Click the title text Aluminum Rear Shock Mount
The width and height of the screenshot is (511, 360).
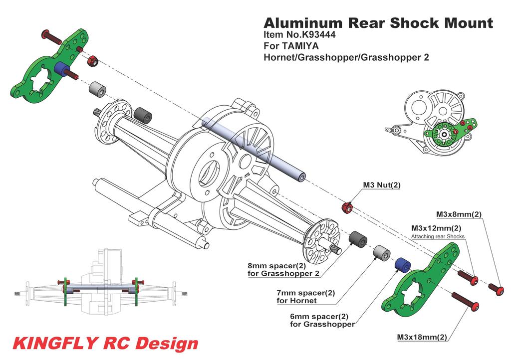[x=378, y=23]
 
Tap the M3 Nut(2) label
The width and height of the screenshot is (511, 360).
[x=382, y=185]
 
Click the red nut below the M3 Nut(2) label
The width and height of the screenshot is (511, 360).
[x=348, y=206]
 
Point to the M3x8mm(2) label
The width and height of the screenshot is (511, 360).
[x=459, y=214]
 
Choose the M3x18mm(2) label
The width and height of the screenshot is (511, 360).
[x=422, y=338]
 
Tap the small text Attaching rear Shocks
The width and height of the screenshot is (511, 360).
[x=437, y=236]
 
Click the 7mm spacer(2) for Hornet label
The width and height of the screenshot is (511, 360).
[x=305, y=297]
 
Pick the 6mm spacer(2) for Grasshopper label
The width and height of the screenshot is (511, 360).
[x=322, y=320]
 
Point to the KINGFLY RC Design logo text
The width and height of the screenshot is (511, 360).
[x=105, y=344]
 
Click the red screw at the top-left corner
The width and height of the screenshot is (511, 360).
[x=50, y=37]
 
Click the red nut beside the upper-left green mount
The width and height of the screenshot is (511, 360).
[x=92, y=62]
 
